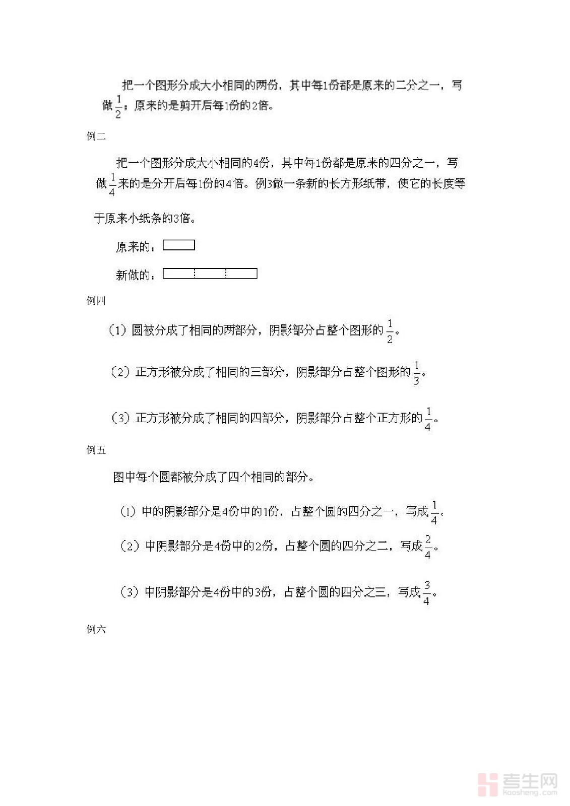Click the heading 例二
tap(96, 136)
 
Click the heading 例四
tap(96, 301)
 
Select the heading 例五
tap(96, 450)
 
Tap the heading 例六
tap(96, 629)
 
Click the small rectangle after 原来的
tap(179, 245)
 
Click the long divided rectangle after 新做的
tap(210, 274)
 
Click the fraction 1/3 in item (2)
tap(416, 373)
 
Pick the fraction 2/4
tap(427, 547)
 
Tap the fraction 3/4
tap(426, 592)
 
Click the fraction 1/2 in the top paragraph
tap(118, 106)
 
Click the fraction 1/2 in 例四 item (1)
tap(390, 331)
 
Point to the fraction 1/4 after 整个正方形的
tap(428, 419)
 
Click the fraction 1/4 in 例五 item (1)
tap(434, 512)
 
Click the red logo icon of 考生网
tap(487, 784)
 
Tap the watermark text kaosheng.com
tap(530, 793)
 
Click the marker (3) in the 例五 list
tap(129, 592)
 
